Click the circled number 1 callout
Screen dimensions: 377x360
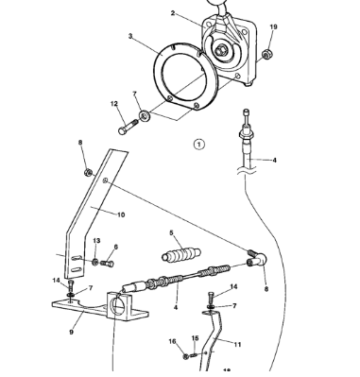pyautogui.click(x=198, y=145)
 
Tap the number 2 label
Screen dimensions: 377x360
pyautogui.click(x=173, y=13)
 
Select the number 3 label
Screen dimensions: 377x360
pyautogui.click(x=129, y=37)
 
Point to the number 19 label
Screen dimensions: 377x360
pyautogui.click(x=274, y=27)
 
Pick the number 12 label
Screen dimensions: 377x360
pyautogui.click(x=113, y=104)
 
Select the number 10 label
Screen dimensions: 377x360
pyautogui.click(x=121, y=214)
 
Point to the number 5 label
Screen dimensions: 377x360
pyautogui.click(x=171, y=232)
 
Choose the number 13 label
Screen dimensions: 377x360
pyautogui.click(x=96, y=241)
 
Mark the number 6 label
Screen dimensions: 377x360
pyautogui.click(x=115, y=248)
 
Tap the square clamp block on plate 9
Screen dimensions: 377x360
pyautogui.click(x=120, y=305)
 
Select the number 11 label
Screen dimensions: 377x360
pyautogui.click(x=237, y=344)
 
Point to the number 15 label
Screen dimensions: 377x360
pyautogui.click(x=195, y=337)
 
